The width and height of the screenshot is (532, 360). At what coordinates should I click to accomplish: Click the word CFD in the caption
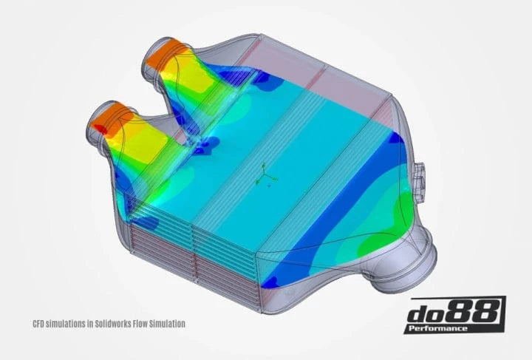tap(40, 323)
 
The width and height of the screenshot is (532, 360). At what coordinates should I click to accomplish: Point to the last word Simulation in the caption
tap(167, 323)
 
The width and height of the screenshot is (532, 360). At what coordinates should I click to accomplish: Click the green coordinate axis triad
tap(265, 176)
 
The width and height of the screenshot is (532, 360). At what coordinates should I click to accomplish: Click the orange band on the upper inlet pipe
tap(163, 55)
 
